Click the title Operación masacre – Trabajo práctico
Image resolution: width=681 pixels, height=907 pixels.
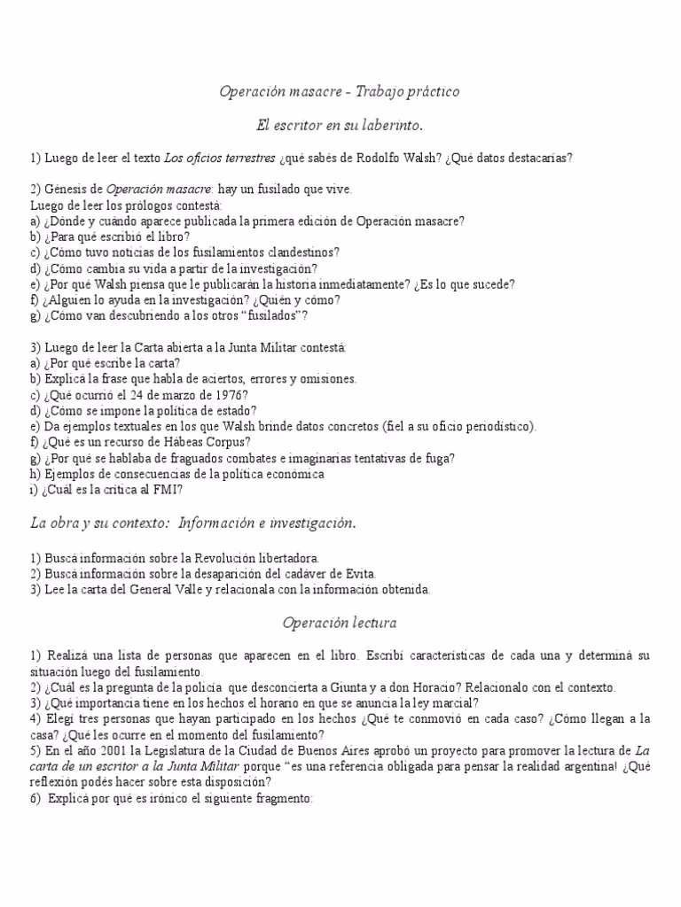click(340, 91)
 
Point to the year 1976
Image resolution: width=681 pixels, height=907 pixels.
click(228, 395)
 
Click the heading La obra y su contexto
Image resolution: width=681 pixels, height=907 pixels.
click(98, 523)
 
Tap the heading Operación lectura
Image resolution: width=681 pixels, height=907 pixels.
click(340, 624)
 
